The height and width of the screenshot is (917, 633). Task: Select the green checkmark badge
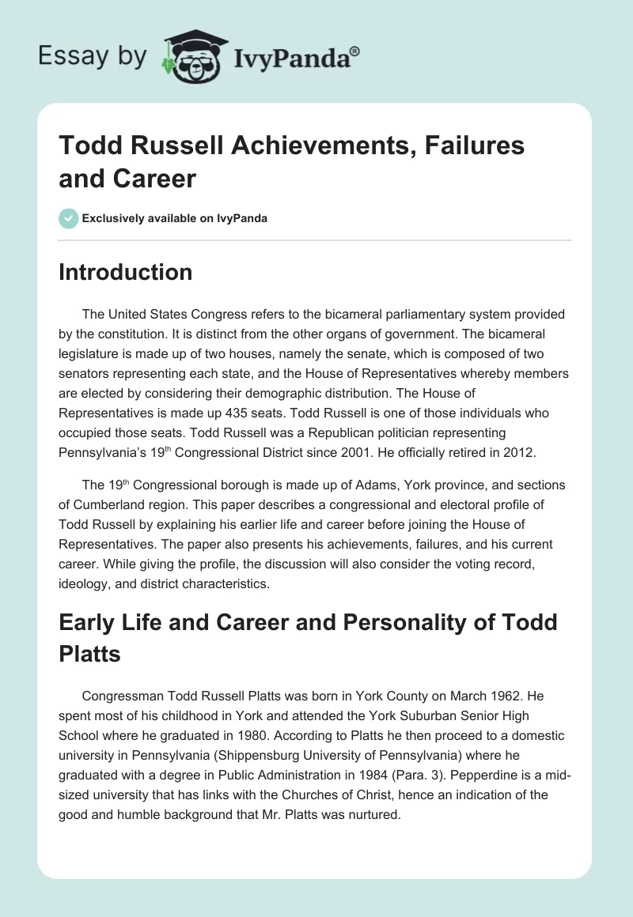click(68, 219)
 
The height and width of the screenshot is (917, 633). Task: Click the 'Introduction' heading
click(126, 272)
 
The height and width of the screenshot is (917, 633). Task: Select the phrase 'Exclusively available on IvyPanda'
click(174, 219)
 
